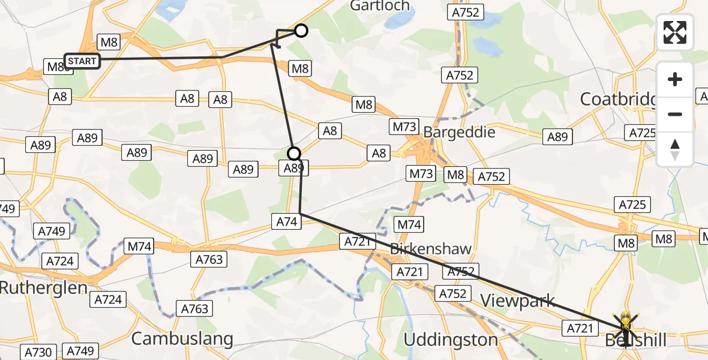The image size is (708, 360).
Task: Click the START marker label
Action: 82,61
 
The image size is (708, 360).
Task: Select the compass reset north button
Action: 675,149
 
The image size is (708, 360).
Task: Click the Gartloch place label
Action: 380,7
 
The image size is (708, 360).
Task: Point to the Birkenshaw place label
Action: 430,248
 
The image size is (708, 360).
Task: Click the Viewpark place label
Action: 517,301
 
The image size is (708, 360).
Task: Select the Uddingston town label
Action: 451,340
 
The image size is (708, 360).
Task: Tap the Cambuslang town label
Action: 182,338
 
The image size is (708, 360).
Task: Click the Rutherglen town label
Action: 44,288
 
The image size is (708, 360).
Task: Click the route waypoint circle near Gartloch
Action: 301,31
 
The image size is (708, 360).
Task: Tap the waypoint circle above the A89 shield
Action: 294,153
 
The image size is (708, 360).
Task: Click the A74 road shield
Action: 286,221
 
